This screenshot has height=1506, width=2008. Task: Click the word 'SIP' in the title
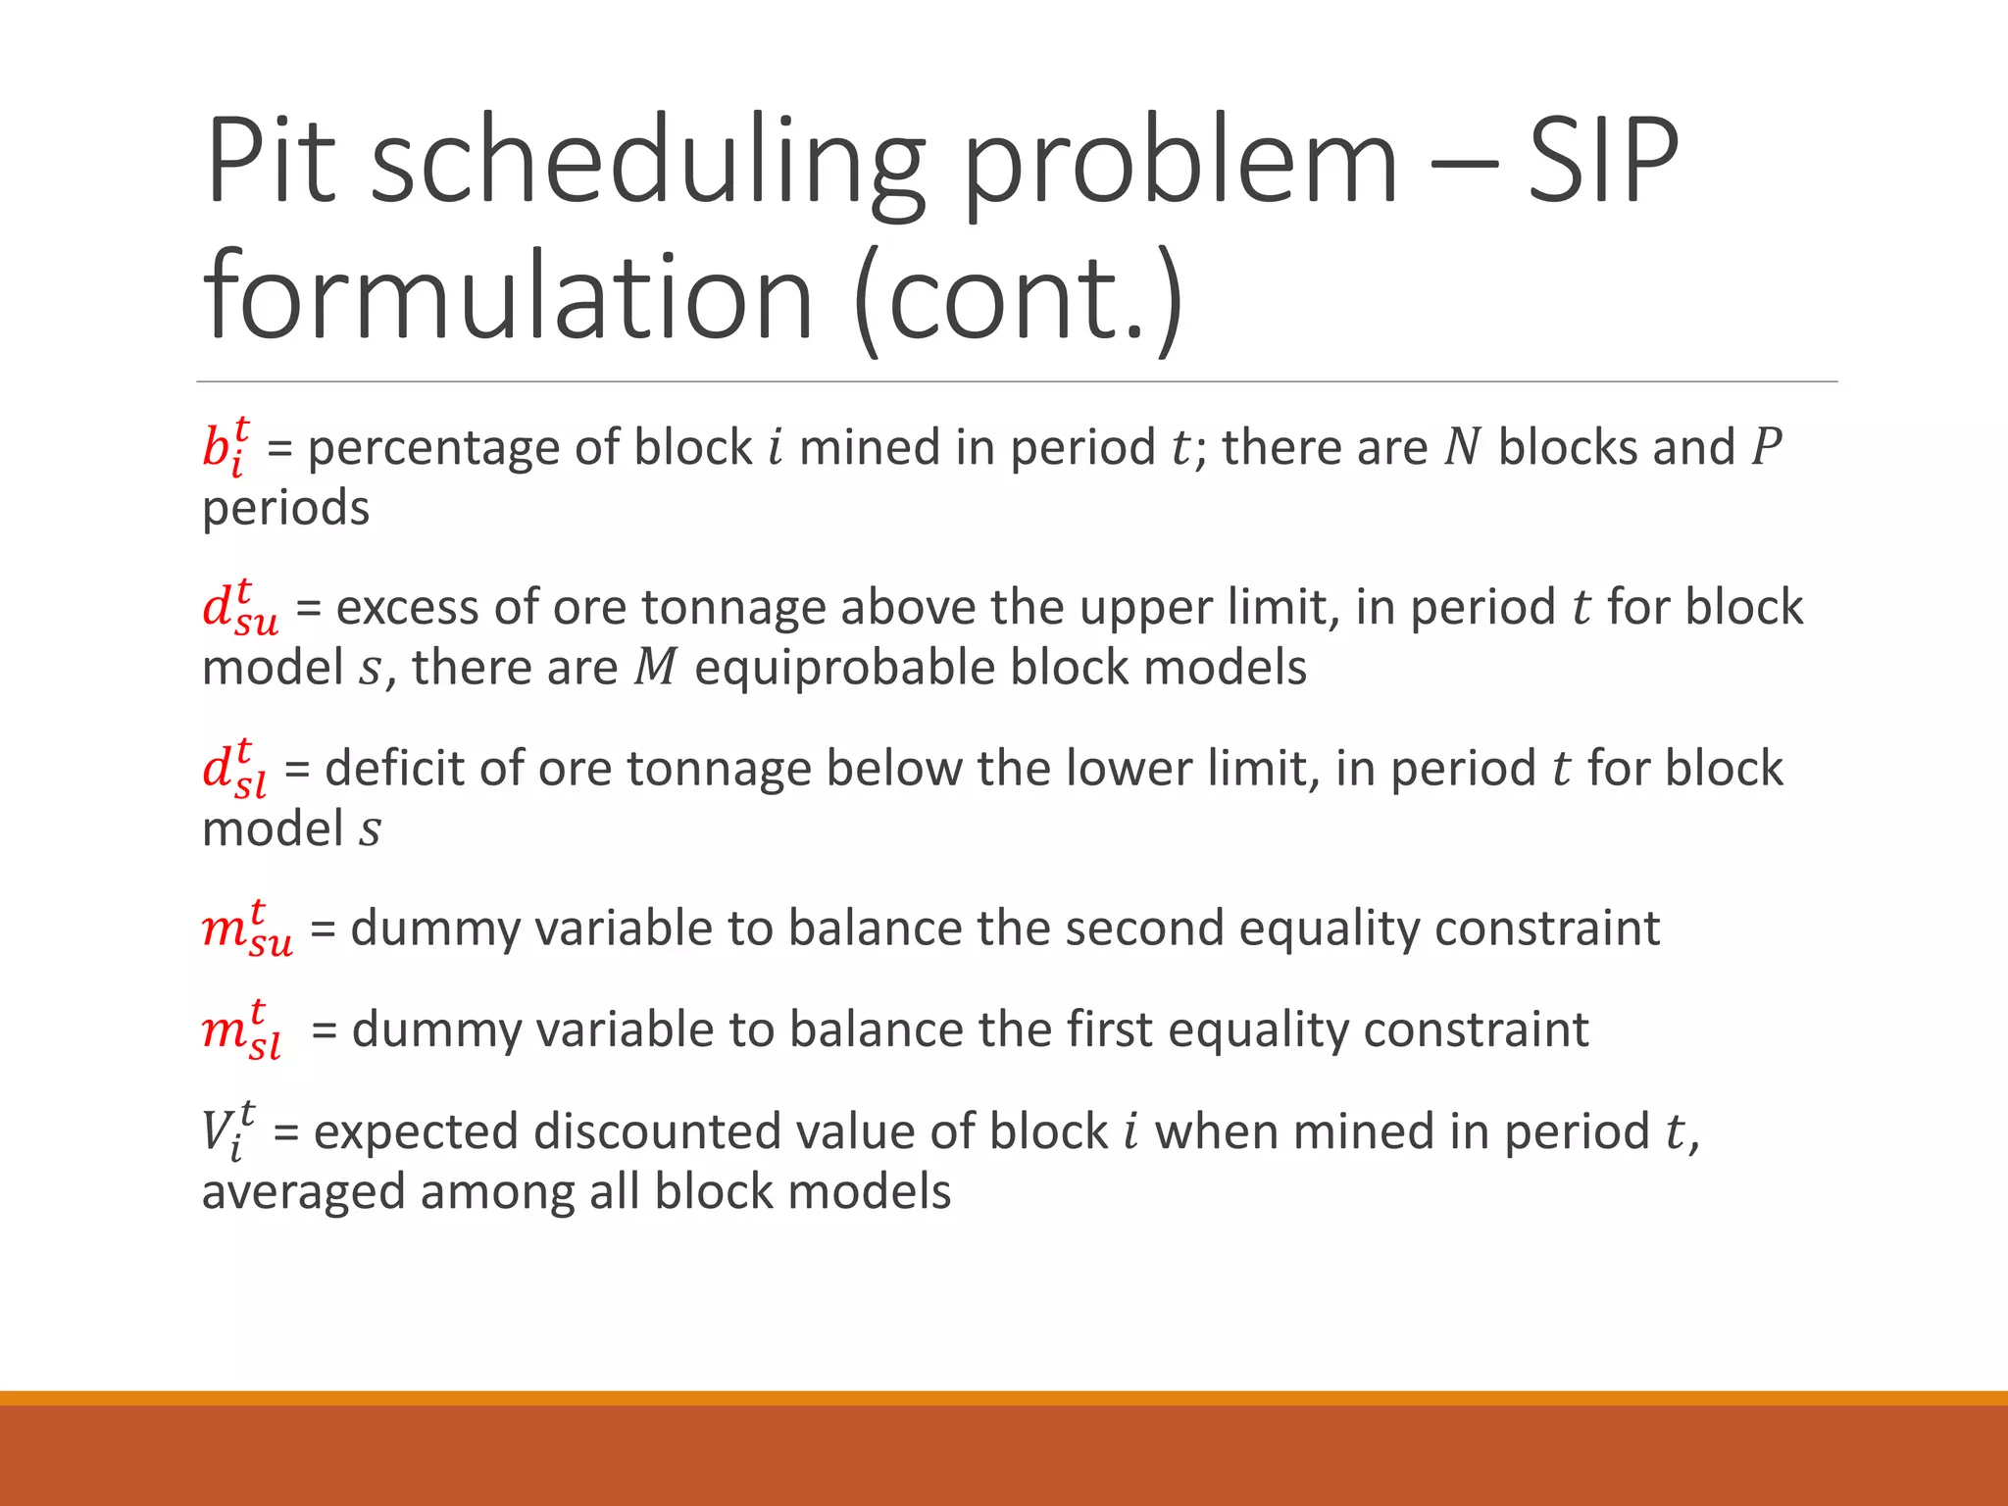[x=1602, y=162]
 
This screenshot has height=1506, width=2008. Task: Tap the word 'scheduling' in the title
[x=647, y=162]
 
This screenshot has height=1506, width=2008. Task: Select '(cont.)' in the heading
[x=1020, y=297]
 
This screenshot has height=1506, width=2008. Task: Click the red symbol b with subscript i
[x=226, y=447]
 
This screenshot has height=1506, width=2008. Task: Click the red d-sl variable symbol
[x=234, y=769]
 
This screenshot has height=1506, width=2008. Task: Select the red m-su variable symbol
[x=246, y=929]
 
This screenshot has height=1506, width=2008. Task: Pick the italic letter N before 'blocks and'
[x=1462, y=447]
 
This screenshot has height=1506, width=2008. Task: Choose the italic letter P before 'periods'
[x=1766, y=447]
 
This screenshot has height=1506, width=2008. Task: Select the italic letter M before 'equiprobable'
[x=656, y=669]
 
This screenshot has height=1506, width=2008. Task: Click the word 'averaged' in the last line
[x=303, y=1193]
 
